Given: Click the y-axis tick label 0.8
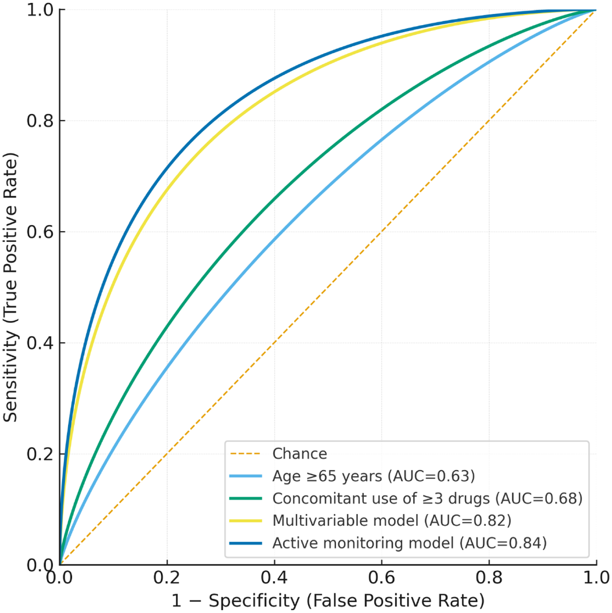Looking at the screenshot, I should (x=40, y=121).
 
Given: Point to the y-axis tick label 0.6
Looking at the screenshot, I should (x=40, y=232).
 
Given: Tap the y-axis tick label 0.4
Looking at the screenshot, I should (x=40, y=343).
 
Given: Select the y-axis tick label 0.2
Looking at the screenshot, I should (x=40, y=454).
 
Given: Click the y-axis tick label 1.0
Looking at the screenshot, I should (x=40, y=10).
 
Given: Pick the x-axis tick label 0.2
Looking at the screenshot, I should (x=167, y=578).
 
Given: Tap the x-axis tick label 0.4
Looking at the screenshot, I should (x=274, y=578).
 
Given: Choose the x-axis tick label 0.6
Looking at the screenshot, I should (x=381, y=578).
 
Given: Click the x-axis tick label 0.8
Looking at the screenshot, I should (x=489, y=578).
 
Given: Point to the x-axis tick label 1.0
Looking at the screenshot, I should (x=596, y=578).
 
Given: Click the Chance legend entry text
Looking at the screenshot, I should (x=299, y=454).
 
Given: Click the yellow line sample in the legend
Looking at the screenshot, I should (x=246, y=521).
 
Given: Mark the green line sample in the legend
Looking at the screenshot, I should (x=246, y=498).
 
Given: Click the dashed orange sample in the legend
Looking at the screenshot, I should (x=246, y=454).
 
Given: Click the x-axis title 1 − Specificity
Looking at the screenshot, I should (x=328, y=601).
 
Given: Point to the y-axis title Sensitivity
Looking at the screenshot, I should (x=10, y=287).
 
